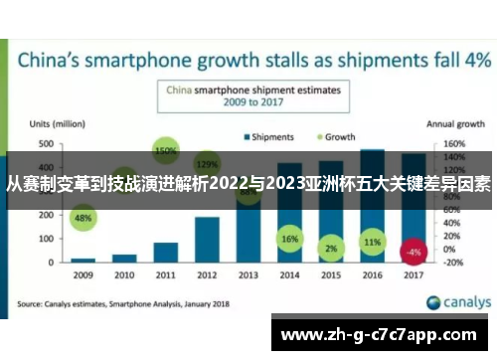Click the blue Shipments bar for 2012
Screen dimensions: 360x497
pos(207,239)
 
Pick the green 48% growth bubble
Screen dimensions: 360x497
pos(83,218)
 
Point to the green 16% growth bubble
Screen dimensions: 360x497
pos(289,240)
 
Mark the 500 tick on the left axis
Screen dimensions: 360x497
pos(46,144)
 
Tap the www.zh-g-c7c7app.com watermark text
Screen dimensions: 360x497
pos(382,335)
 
